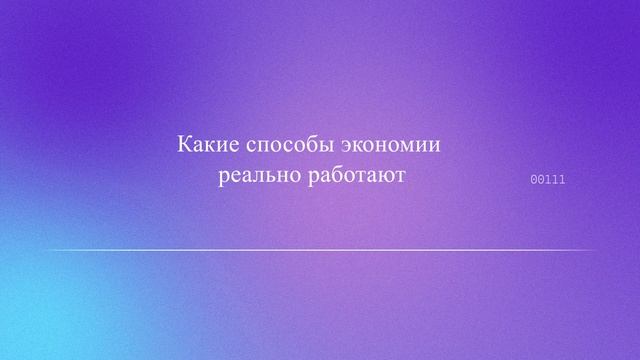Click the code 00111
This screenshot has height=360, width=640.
(547, 180)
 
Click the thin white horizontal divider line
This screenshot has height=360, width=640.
(320, 250)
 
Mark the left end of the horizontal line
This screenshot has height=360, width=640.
(46, 250)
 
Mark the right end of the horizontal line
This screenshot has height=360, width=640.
(596, 250)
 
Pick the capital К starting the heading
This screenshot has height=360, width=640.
(185, 144)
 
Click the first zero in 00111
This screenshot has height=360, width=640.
(533, 180)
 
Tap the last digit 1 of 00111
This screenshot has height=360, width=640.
(562, 180)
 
